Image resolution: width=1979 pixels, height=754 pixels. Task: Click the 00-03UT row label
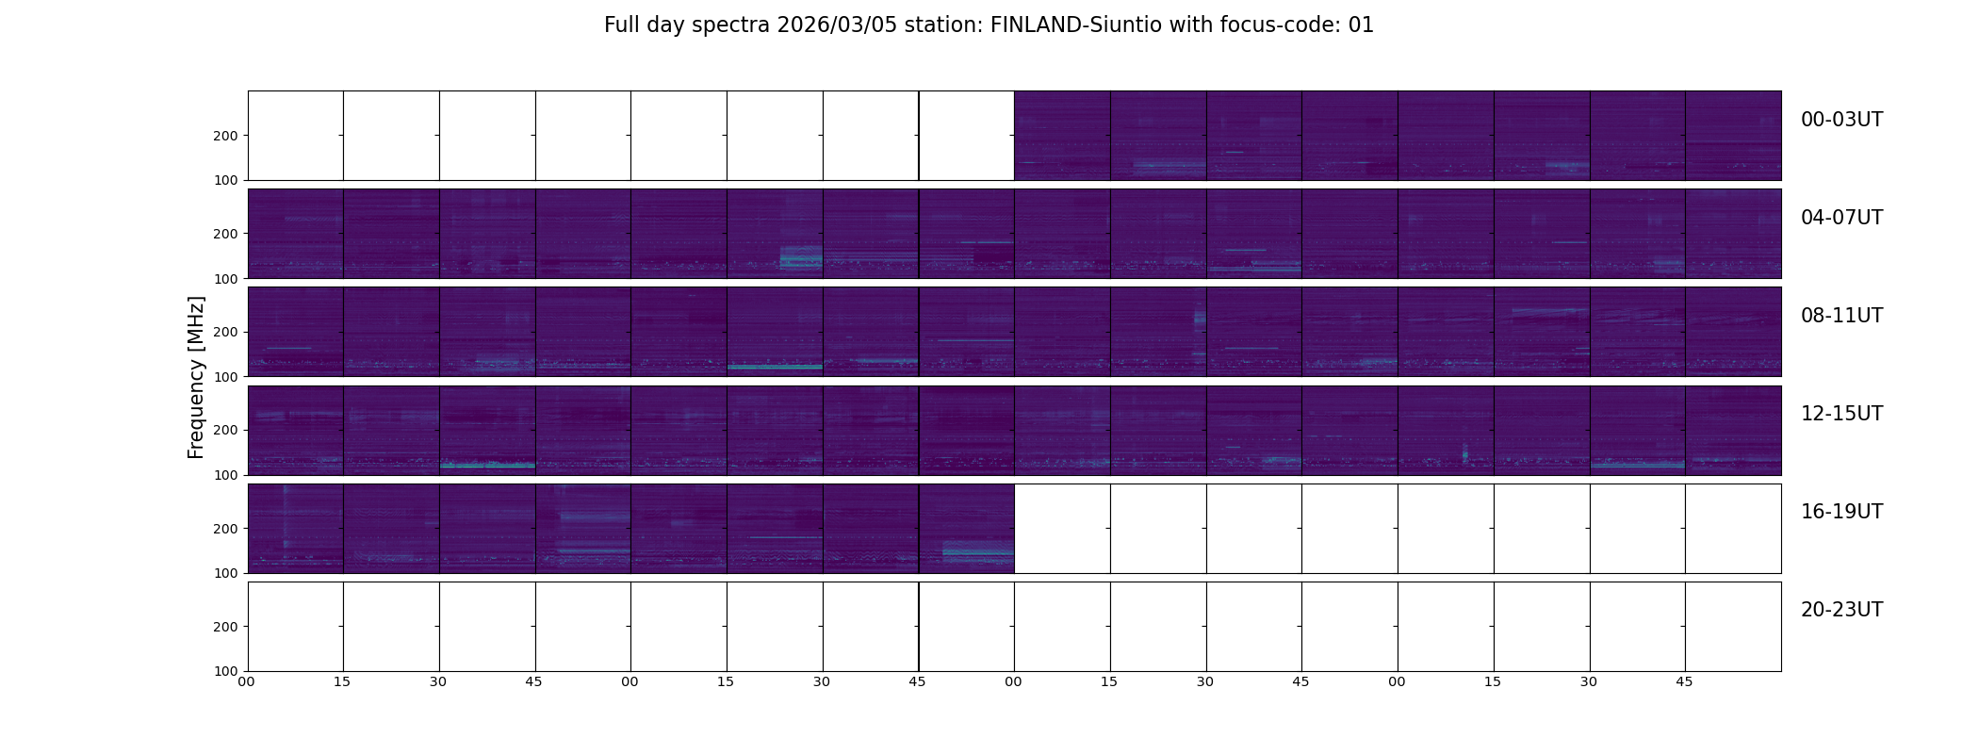click(x=1841, y=120)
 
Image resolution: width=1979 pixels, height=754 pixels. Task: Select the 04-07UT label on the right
click(x=1841, y=218)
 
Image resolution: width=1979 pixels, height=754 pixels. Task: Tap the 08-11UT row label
click(x=1841, y=316)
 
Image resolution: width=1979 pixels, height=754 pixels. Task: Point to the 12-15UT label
click(x=1841, y=414)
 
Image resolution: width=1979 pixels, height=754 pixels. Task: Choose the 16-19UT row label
click(x=1841, y=512)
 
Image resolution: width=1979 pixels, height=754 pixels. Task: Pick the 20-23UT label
click(x=1841, y=610)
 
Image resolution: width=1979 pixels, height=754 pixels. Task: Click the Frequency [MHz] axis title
click(x=196, y=377)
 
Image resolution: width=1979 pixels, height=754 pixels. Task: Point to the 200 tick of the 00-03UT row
click(x=226, y=136)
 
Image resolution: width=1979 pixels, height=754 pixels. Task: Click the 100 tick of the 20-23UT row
click(x=226, y=671)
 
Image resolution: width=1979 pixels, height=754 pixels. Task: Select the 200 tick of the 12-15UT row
click(x=226, y=430)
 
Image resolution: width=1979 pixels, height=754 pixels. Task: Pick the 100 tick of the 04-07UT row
click(x=226, y=279)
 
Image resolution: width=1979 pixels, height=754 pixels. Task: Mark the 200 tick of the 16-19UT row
click(x=226, y=529)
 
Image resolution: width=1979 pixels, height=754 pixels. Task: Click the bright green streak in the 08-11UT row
click(x=775, y=367)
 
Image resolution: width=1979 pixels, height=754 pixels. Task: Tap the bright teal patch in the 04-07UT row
click(x=801, y=257)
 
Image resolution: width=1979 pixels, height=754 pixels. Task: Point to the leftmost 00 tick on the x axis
click(x=246, y=681)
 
